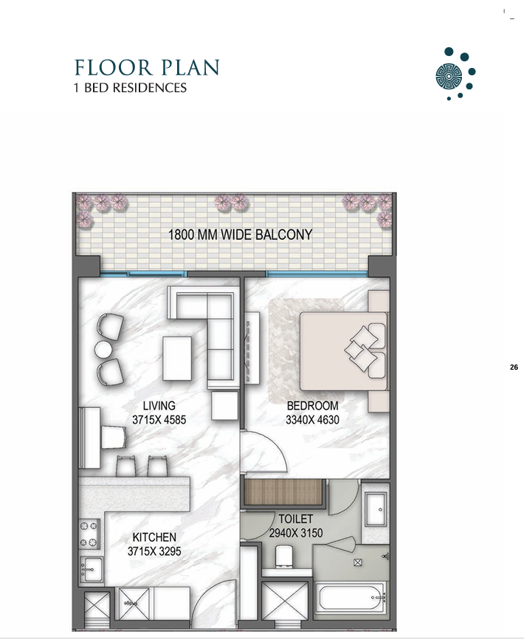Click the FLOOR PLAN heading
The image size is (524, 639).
point(147,68)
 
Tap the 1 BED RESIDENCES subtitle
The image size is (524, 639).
point(130,88)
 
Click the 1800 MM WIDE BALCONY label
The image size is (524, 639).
point(241,235)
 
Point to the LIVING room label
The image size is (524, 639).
point(159,406)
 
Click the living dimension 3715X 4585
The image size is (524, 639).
point(159,420)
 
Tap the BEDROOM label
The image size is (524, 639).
point(312,406)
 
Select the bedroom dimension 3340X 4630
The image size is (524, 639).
point(312,420)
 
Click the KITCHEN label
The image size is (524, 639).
point(154,537)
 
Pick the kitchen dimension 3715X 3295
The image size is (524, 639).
point(154,551)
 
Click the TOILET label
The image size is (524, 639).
point(296,519)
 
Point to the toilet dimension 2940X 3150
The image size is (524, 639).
point(296,533)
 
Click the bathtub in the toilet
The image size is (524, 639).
point(351,598)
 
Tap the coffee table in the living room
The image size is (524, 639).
point(177,358)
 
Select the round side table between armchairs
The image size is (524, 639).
point(103,349)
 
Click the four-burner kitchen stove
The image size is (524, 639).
point(89,534)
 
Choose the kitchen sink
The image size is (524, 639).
point(91,570)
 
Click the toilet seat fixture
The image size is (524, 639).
point(285,556)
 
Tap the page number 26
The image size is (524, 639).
point(514,367)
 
